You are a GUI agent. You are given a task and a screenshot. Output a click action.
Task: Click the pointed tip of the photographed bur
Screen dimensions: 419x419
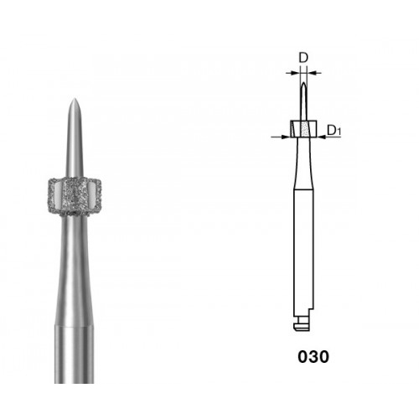[75, 99]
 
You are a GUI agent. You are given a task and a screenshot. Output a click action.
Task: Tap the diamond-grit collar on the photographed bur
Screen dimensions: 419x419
[74, 196]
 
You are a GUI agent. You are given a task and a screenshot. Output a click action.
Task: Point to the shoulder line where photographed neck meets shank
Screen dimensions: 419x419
[74, 325]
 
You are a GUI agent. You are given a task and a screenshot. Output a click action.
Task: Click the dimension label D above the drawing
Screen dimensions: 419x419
[303, 58]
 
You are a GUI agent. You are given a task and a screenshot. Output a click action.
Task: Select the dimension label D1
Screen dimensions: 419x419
[334, 130]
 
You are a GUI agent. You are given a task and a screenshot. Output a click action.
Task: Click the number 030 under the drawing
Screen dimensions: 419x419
[313, 357]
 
